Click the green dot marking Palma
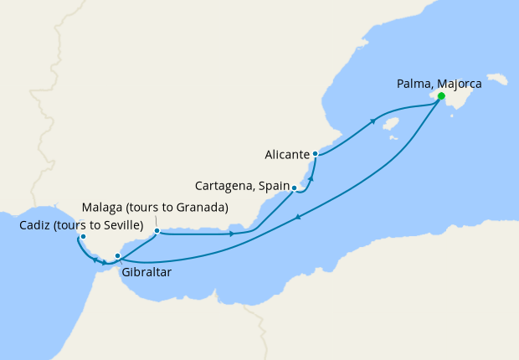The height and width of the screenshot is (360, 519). [x=441, y=96]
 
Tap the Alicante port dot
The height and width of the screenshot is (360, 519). [x=315, y=154]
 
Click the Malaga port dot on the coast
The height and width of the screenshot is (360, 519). [x=157, y=230]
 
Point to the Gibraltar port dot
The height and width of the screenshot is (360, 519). [x=118, y=255]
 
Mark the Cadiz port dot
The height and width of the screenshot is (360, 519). [x=83, y=236]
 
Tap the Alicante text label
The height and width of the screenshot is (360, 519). [x=287, y=155]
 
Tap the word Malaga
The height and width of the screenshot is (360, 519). [x=102, y=208]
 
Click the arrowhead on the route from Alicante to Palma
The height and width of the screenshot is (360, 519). [x=373, y=121]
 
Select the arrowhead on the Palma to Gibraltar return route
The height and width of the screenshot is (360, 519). [x=297, y=219]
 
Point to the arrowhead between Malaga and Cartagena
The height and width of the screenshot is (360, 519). [x=232, y=234]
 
